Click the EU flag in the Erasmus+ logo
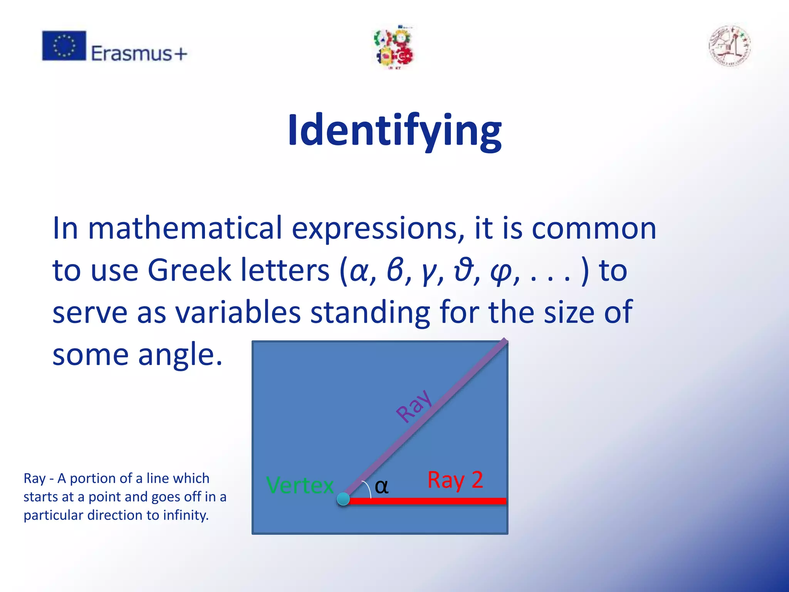(64, 45)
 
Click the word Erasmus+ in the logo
(139, 53)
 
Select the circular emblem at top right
(730, 46)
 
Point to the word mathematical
(185, 228)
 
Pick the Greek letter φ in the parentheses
(500, 271)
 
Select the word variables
(238, 312)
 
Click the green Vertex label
(300, 485)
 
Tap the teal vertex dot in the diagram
(343, 499)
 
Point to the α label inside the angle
(381, 486)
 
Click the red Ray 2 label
(455, 480)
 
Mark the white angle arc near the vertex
(368, 489)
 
